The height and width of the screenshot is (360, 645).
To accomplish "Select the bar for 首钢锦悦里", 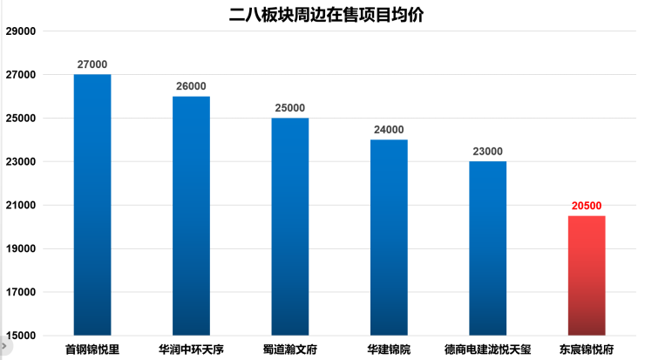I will pyautogui.click(x=92, y=205).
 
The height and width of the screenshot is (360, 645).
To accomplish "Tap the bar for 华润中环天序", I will pyautogui.click(x=191, y=215).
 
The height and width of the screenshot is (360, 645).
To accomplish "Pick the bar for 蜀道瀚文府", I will pyautogui.click(x=289, y=227).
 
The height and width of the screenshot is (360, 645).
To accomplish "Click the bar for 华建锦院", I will pyautogui.click(x=389, y=237).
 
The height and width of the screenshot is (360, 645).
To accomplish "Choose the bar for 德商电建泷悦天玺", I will pyautogui.click(x=487, y=248).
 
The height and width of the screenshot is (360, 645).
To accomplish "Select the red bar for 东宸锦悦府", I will pyautogui.click(x=587, y=275).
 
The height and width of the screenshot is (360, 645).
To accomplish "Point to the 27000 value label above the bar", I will pyautogui.click(x=92, y=65).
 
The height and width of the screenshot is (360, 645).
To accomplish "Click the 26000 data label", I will pyautogui.click(x=191, y=86).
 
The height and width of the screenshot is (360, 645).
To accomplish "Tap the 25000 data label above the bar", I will pyautogui.click(x=289, y=108).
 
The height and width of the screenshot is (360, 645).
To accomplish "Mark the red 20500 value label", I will pyautogui.click(x=587, y=206).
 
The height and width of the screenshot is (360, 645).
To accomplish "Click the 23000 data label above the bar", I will pyautogui.click(x=487, y=152).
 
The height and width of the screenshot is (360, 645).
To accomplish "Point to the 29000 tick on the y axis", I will pyautogui.click(x=20, y=31).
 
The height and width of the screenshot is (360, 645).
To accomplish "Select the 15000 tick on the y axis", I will pyautogui.click(x=20, y=336).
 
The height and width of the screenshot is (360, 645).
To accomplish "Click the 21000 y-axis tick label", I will pyautogui.click(x=20, y=206).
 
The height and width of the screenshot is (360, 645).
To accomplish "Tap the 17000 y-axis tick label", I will pyautogui.click(x=20, y=292).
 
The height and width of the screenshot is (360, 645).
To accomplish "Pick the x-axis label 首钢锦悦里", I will pyautogui.click(x=92, y=350).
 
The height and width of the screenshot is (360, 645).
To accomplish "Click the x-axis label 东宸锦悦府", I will pyautogui.click(x=587, y=350).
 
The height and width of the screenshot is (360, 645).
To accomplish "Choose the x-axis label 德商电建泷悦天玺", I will pyautogui.click(x=487, y=350).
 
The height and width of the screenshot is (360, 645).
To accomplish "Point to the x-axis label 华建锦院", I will pyautogui.click(x=389, y=350).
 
